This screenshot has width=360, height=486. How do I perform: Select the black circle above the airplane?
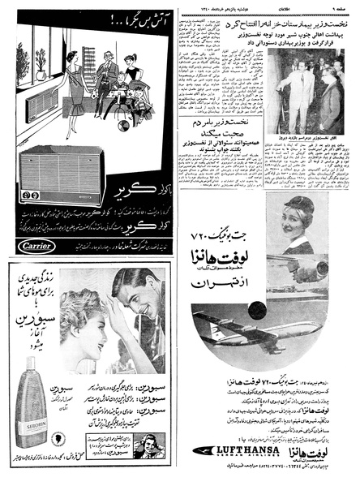coord(258,310)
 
